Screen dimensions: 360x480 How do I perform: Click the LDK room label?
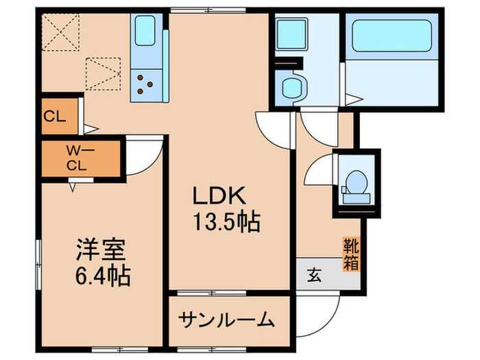pyautogui.click(x=219, y=197)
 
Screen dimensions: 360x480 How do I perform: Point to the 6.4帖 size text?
pyautogui.click(x=99, y=276)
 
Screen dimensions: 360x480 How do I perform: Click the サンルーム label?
pyautogui.click(x=228, y=320)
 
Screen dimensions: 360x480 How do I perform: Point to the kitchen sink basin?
pyautogui.click(x=145, y=32)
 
